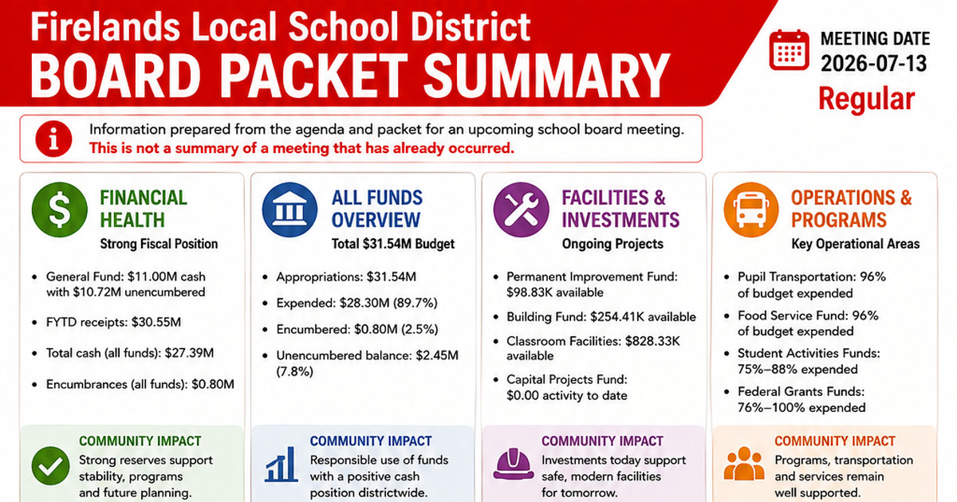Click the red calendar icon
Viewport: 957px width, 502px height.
coord(789,50)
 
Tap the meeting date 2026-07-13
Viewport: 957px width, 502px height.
coord(874,64)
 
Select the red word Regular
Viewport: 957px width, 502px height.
coord(866,99)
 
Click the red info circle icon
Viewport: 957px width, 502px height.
coord(53,139)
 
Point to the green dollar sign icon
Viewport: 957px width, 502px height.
coord(59,210)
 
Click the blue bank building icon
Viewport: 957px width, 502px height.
coord(289,210)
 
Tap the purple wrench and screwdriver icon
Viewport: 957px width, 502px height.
coord(522,210)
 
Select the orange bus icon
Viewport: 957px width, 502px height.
coord(751,210)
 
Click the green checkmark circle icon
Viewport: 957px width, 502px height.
coord(50,465)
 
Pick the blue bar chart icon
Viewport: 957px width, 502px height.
coord(281,465)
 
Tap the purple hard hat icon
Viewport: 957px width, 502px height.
coord(513,465)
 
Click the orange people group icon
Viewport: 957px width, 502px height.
coord(744,464)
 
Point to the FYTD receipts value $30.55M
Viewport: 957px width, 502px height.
coord(156,322)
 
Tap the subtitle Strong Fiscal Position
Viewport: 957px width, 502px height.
coord(159,244)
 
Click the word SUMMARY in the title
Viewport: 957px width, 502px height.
coord(546,76)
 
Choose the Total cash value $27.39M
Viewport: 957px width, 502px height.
coord(189,353)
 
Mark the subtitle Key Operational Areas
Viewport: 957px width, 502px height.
coord(855,244)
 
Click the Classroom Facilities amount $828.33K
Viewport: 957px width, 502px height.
coord(652,341)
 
